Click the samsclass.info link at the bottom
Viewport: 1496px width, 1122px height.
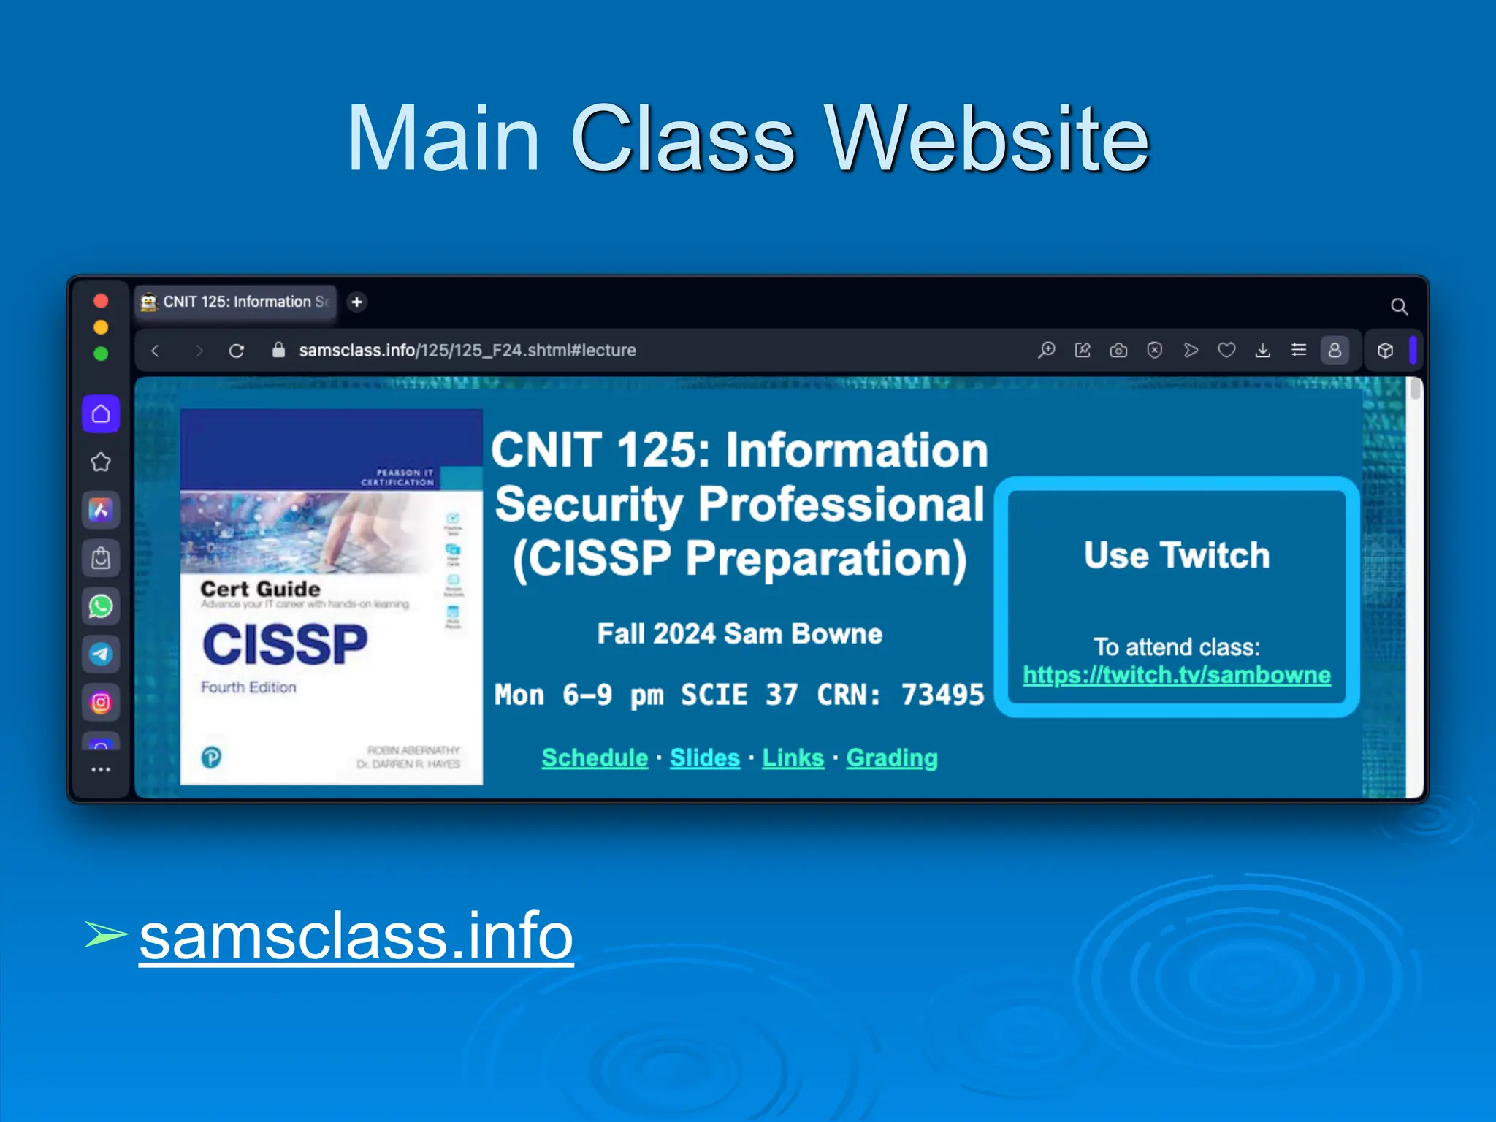[x=356, y=936]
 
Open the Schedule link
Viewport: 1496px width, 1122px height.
[x=595, y=758]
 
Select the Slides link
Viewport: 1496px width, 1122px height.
[x=705, y=758]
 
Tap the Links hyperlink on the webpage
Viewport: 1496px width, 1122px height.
[x=793, y=758]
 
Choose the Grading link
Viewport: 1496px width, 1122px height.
[x=892, y=758]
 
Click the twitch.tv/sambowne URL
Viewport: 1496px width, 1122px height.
[x=1176, y=675]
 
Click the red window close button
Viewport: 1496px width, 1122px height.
[x=101, y=301]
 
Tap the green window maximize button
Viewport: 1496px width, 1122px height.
[x=101, y=354]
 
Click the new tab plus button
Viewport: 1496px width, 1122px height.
[x=356, y=302]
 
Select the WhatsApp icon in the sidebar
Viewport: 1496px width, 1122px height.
[x=101, y=606]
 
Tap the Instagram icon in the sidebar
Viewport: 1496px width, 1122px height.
[x=101, y=703]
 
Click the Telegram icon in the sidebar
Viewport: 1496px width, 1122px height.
[x=101, y=654]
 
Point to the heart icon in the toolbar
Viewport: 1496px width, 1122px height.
[x=1226, y=351]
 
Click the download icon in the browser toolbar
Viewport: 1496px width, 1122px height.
[x=1262, y=351]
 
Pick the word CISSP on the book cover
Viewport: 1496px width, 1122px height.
[x=285, y=644]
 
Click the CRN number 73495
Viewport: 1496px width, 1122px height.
[x=942, y=695]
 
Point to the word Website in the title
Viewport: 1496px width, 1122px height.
[x=988, y=139]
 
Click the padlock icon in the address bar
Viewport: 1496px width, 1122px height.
[x=278, y=350]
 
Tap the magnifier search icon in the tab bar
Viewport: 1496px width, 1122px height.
[x=1399, y=307]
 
